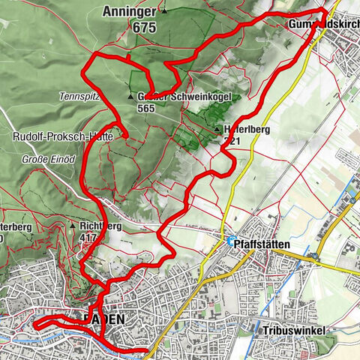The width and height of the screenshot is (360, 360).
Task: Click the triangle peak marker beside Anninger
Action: pos(164,10)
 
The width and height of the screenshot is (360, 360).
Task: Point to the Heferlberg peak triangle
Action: pos(217,128)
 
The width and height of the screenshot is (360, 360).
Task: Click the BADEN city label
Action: pos(105,319)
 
